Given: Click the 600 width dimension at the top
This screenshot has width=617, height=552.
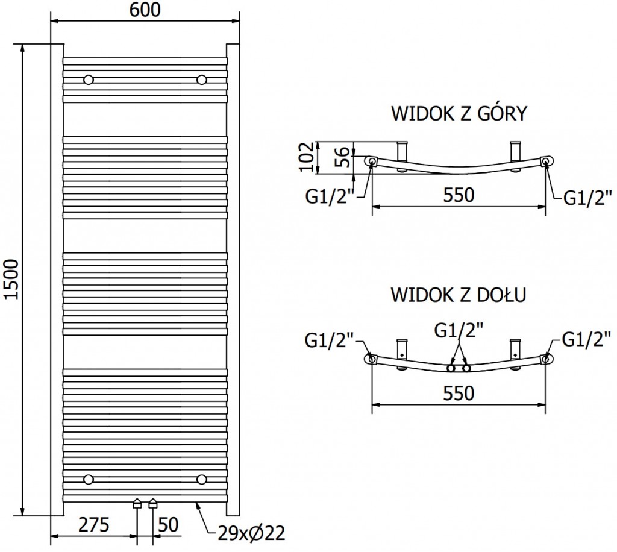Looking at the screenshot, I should pos(144,11).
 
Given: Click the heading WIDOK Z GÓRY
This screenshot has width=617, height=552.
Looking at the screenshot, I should pos(459,113).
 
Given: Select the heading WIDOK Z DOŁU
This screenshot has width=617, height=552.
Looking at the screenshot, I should pos(459,295).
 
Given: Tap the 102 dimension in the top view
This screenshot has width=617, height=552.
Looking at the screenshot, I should pos(306,157).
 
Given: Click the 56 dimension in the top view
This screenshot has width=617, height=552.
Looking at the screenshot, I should pos(340,157).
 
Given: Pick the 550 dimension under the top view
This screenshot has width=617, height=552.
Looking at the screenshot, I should pos(459,195).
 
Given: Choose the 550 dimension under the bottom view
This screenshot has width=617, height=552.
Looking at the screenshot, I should pos(459,393).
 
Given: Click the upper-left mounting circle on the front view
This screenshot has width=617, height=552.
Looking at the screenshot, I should pos(89,80).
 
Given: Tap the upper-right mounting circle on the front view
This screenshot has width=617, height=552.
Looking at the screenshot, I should pos(201,80).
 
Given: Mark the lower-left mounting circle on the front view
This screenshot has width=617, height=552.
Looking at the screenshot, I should pos(89,479).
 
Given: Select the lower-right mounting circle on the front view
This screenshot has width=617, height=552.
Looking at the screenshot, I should pos(201,479).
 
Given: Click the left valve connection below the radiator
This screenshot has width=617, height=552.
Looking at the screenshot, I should pos(137,504).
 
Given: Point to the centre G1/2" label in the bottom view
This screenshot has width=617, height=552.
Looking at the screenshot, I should pos(459,331).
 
